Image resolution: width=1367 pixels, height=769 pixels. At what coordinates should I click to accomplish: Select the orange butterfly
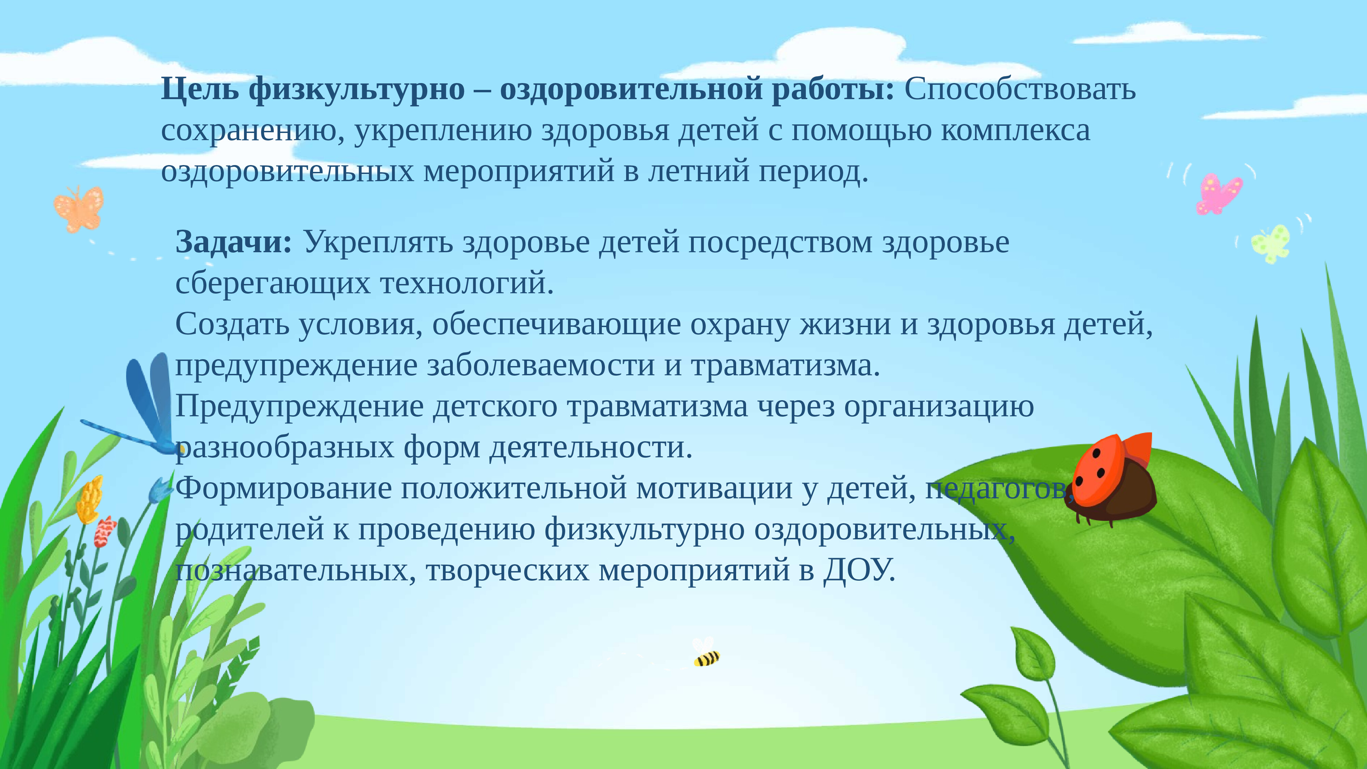click(x=79, y=208)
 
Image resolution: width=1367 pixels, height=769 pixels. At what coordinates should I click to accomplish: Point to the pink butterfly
click(x=1219, y=193)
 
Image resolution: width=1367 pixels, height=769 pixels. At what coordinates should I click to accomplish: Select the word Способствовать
click(x=1020, y=89)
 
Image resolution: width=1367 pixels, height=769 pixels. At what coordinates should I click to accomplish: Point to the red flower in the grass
click(x=105, y=531)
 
